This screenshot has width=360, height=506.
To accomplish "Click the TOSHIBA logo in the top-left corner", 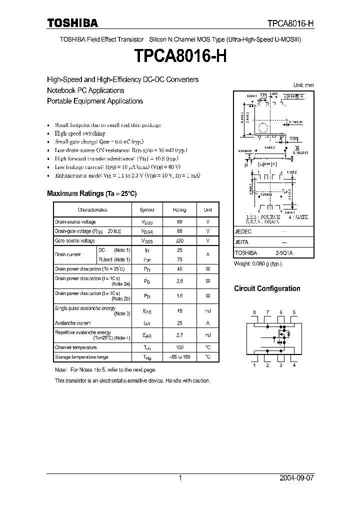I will tap(72, 23).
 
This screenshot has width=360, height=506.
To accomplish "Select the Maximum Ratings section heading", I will tap(91, 193).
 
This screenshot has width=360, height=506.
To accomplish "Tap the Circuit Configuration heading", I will tap(267, 288).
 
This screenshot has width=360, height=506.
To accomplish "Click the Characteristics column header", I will tap(92, 210).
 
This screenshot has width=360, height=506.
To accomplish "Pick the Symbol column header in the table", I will tap(147, 210).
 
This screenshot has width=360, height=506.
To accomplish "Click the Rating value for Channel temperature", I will tap(179, 347).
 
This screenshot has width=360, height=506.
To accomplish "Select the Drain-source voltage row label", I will tap(75, 222).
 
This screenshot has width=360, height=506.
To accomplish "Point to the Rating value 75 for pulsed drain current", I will tap(179, 259).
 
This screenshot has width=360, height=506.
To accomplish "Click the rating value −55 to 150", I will tap(179, 357).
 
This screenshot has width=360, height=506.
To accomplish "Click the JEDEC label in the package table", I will tap(243, 232).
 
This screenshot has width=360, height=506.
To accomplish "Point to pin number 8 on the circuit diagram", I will tap(254, 312).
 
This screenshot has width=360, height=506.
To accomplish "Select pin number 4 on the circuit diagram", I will tap(294, 365).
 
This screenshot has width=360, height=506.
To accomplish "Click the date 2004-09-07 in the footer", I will tap(296, 478).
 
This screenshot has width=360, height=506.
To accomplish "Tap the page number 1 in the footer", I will tap(180, 478).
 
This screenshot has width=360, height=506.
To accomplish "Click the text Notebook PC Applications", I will tap(85, 90).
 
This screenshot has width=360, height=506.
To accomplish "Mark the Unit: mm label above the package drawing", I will tap(303, 85).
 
